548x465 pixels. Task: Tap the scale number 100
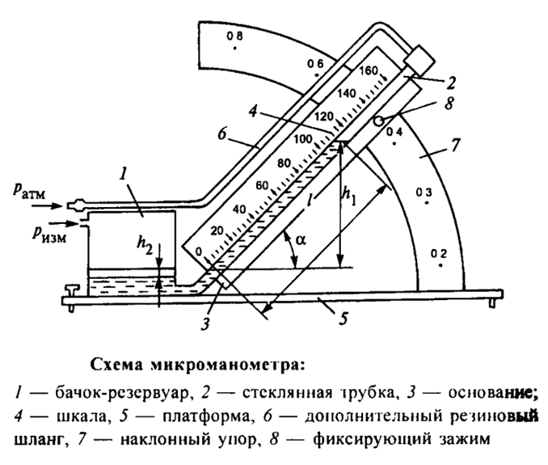pyautogui.click(x=303, y=138)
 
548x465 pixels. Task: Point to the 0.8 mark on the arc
pyautogui.click(x=234, y=37)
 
